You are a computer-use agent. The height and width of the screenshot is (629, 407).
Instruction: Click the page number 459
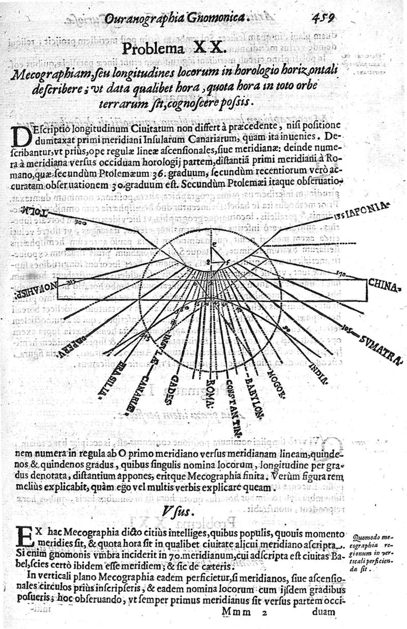click(x=324, y=19)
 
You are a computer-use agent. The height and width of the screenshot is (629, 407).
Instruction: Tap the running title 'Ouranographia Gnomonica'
click(x=176, y=19)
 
